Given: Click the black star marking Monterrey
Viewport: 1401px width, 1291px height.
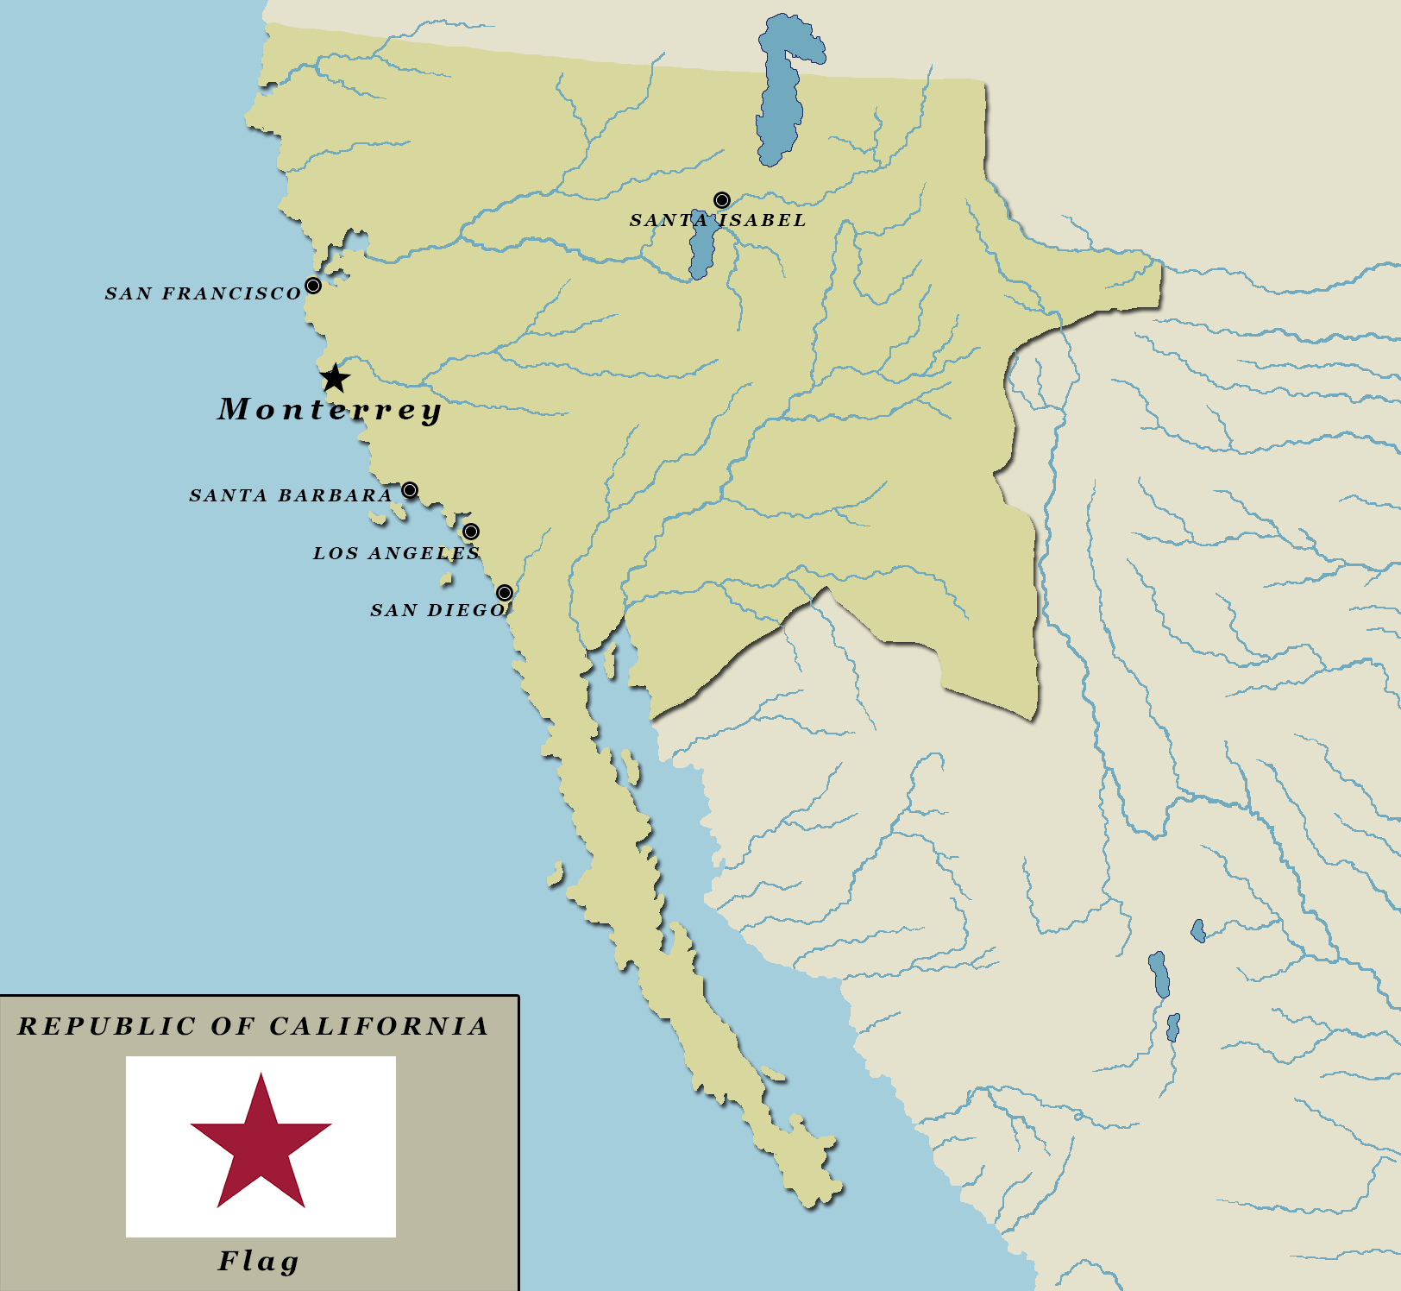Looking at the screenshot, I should coord(335,378).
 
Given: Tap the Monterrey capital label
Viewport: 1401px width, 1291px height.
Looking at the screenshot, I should coord(329,410).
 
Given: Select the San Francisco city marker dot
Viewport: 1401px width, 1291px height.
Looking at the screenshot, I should coord(313,286).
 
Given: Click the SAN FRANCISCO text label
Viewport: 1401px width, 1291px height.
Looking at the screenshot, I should coord(203,294).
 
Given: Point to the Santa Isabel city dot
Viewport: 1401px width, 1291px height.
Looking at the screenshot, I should coord(722,201).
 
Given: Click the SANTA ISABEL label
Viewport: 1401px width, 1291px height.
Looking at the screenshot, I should coord(718,221).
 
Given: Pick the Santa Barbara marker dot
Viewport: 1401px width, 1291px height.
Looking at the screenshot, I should coord(410,490).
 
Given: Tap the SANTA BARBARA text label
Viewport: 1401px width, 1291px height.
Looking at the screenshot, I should coord(291,496).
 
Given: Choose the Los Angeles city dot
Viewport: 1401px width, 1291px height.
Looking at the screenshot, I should coord(471,532).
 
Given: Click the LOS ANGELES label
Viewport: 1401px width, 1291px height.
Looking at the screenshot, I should coord(396,554).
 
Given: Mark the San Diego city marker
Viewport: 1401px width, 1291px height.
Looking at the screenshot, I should coord(505,593).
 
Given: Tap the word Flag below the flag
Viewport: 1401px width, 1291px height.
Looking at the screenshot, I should coord(258,1262).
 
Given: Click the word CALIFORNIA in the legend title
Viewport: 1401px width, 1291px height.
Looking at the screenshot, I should coord(379,1026).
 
